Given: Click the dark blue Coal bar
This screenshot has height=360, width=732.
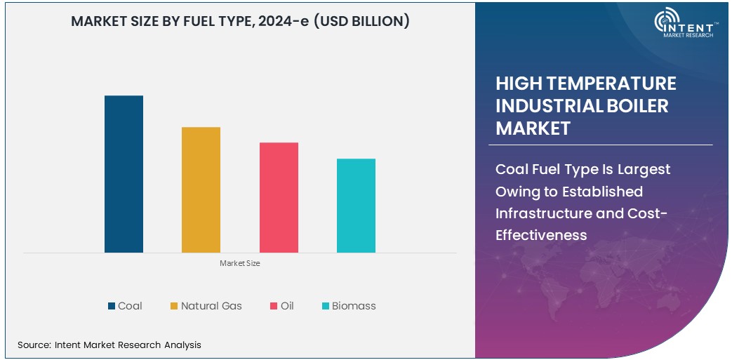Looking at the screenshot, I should click(124, 174).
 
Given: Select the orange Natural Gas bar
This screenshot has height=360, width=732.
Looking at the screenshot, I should click(201, 189).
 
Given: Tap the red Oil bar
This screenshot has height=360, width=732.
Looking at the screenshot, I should click(279, 197).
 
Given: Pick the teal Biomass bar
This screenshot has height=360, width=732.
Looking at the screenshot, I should click(356, 206).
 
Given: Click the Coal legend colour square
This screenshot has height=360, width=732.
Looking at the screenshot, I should click(111, 306).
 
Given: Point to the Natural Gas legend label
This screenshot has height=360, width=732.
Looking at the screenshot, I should click(211, 306).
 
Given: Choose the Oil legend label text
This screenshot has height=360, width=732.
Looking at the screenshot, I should click(287, 306).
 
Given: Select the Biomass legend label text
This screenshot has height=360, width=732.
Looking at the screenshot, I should click(354, 306).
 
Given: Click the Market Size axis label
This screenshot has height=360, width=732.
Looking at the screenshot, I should click(240, 263).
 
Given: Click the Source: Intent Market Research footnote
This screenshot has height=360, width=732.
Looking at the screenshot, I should click(109, 345).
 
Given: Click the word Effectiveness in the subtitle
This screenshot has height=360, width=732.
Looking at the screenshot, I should click(541, 235).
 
